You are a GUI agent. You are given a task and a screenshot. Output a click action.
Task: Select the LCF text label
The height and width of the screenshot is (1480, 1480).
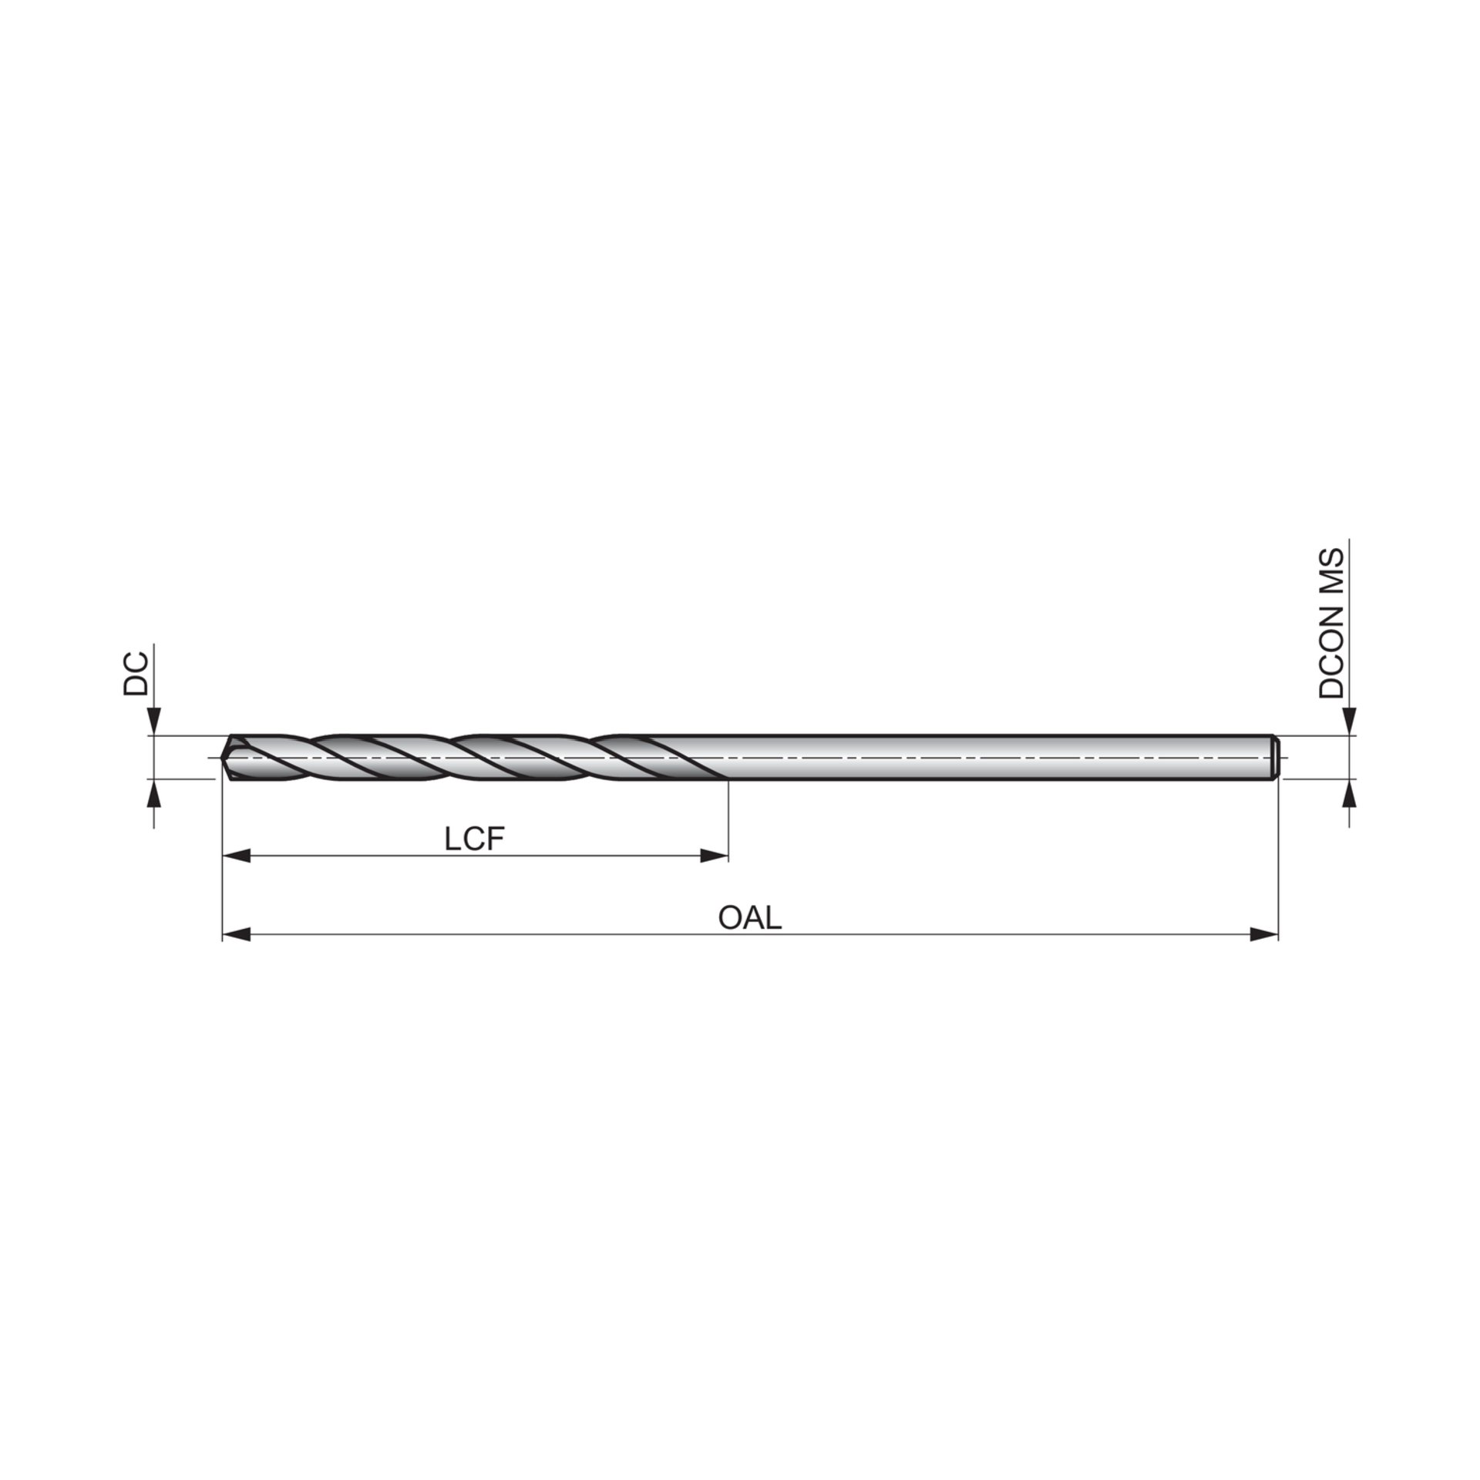[475, 839]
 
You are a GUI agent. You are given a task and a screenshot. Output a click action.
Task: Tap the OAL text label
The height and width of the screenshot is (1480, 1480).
[750, 918]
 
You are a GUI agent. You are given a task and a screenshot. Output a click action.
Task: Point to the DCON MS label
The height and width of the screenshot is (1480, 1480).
[1330, 623]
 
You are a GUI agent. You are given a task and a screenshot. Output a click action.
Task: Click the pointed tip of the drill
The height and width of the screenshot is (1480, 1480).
[223, 758]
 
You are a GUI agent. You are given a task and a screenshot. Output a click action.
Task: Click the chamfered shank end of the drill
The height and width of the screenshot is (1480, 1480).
[1276, 758]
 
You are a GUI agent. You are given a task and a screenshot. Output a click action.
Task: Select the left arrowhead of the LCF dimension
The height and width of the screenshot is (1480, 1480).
[237, 856]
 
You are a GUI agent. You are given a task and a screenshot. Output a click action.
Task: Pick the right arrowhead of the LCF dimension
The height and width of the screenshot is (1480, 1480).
[714, 856]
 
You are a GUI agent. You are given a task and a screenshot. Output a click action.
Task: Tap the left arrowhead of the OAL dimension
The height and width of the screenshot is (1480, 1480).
[237, 936]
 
